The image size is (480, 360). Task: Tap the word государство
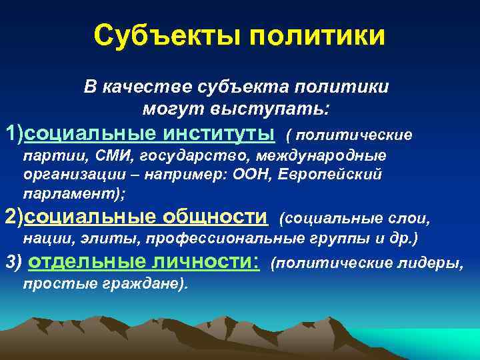tap(178, 156)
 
